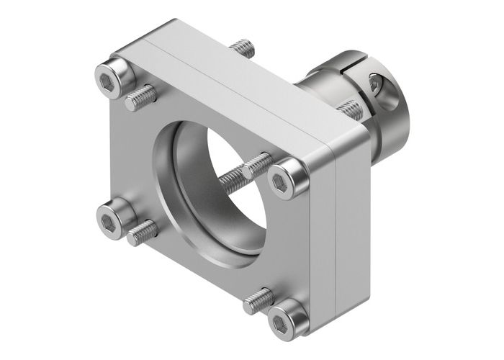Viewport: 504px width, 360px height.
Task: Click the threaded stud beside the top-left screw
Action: point(141,97)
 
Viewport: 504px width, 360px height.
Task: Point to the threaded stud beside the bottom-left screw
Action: point(143,232)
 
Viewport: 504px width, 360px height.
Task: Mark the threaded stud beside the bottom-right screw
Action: point(258,301)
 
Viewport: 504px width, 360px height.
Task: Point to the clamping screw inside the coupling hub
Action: point(377,85)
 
